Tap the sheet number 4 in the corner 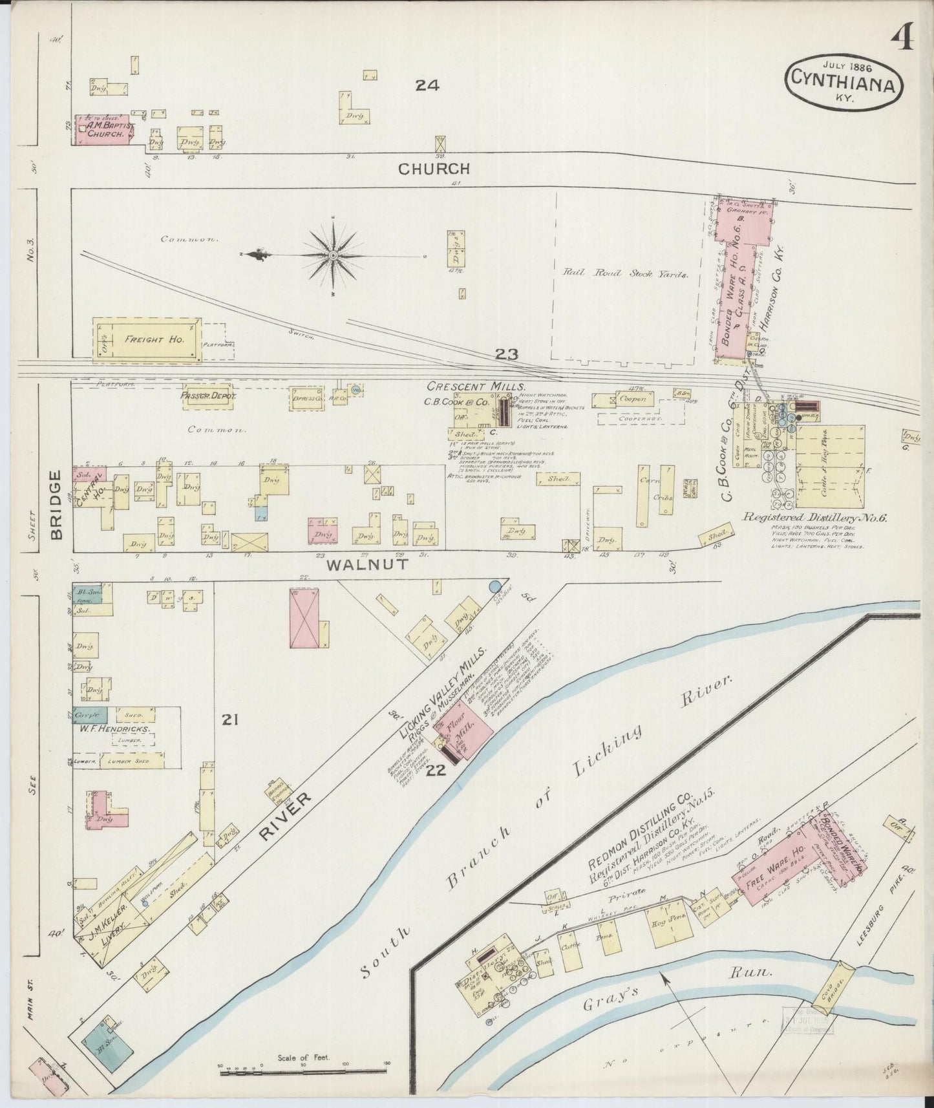[x=902, y=40]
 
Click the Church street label [x=434, y=169]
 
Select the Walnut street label [x=367, y=564]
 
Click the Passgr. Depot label [x=209, y=396]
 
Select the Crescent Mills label [x=475, y=386]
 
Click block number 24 [x=427, y=85]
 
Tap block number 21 [x=231, y=719]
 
